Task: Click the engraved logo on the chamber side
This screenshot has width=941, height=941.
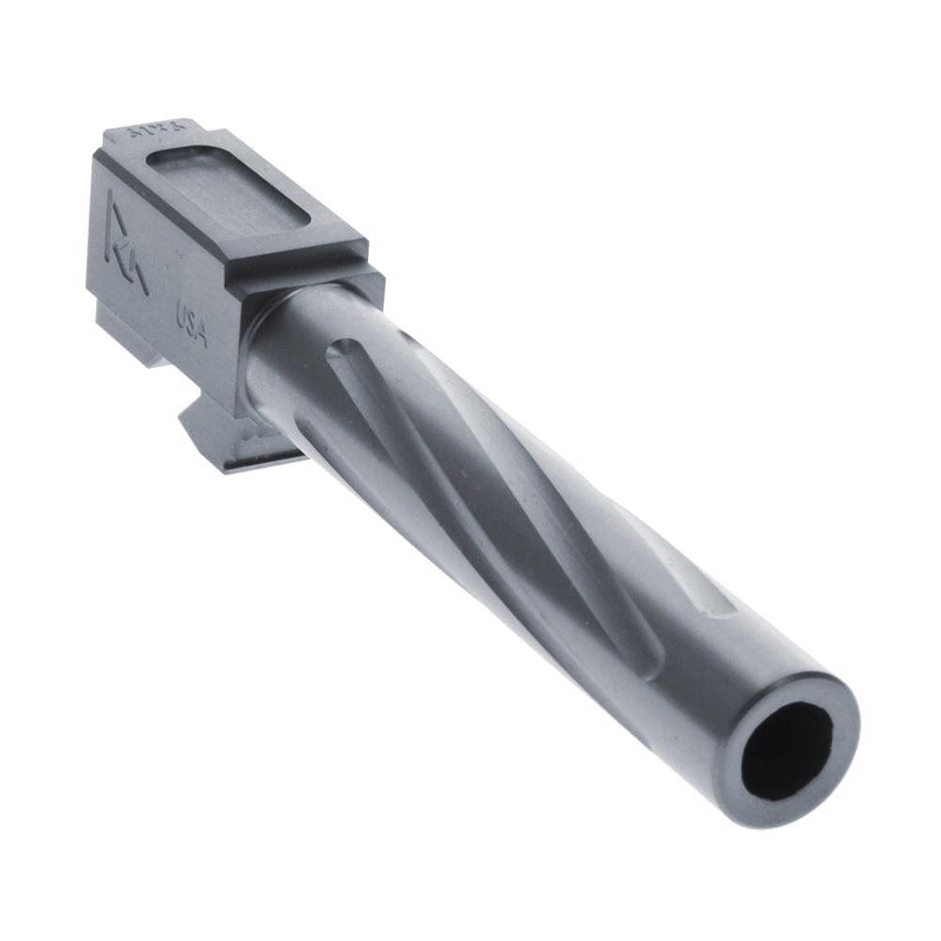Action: point(125,242)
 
